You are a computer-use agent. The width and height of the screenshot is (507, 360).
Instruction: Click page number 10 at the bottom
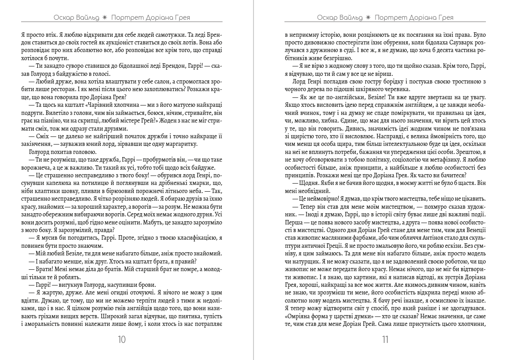(x=121, y=340)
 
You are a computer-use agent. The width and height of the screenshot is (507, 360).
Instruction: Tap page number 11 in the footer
(x=385, y=340)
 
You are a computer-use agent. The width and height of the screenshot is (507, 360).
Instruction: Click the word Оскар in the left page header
(x=64, y=18)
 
